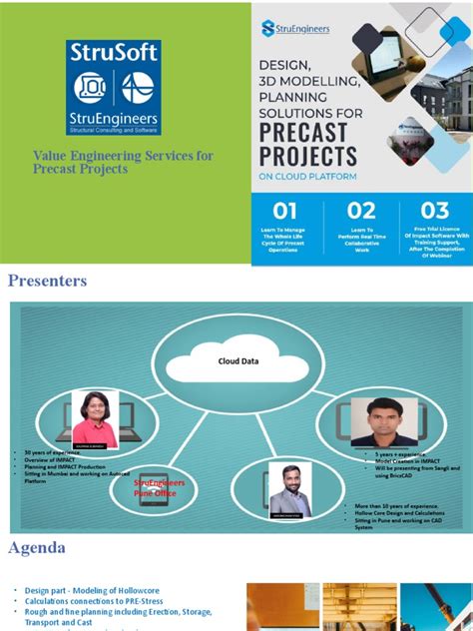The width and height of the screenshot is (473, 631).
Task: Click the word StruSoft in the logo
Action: (114, 53)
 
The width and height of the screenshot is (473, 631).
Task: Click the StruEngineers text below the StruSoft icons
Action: (113, 117)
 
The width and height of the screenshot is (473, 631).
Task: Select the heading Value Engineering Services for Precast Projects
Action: (123, 162)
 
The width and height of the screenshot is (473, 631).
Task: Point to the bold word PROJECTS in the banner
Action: (308, 156)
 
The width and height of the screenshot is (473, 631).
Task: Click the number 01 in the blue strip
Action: (285, 211)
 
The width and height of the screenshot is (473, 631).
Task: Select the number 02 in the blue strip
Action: (360, 211)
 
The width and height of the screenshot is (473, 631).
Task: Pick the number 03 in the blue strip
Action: (434, 211)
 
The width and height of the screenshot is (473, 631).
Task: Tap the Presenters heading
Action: (48, 281)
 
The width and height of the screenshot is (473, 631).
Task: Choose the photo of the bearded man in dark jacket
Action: (290, 489)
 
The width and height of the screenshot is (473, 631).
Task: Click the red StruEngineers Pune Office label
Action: (162, 486)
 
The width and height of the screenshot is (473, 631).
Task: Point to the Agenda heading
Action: (37, 547)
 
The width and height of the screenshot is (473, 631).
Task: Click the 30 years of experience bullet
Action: (54, 452)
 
